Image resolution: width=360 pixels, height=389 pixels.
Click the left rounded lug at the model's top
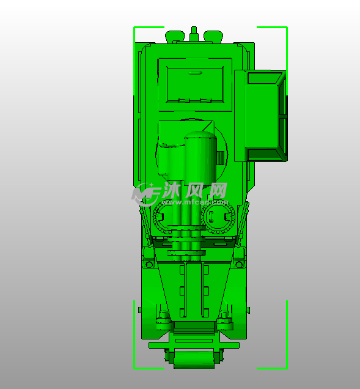tap(175, 36)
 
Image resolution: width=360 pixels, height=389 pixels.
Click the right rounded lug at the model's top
tap(213, 36)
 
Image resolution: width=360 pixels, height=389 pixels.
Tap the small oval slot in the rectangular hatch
tap(195, 73)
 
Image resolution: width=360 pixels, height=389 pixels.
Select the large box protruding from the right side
tap(261, 116)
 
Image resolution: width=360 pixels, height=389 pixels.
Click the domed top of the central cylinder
tap(200, 135)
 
